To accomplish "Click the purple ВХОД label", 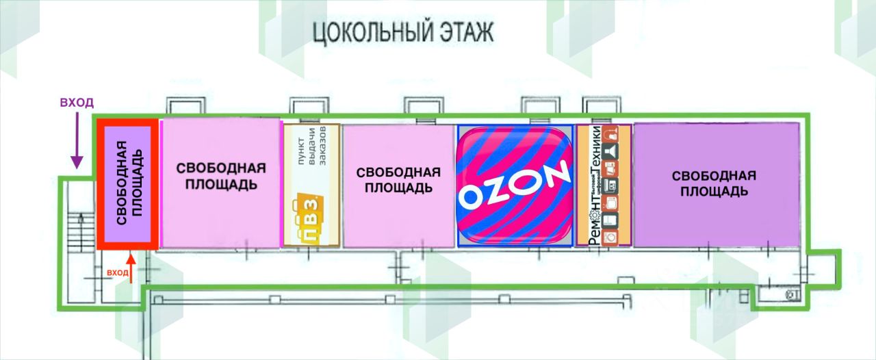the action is [x=76, y=103].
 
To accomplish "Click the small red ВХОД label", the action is [x=117, y=272].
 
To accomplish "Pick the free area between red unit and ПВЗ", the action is [x=220, y=177].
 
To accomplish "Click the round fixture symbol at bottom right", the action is [x=791, y=295].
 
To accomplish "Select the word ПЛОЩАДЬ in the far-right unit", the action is [x=713, y=191].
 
